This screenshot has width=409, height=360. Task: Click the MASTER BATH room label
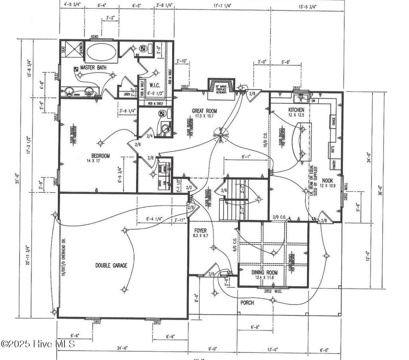[x=93, y=68]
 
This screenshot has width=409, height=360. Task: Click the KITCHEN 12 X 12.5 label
[x=296, y=112]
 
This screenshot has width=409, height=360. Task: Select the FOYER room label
[x=200, y=233]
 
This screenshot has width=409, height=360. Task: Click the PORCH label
[x=247, y=303]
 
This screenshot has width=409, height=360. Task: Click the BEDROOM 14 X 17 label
[x=100, y=158]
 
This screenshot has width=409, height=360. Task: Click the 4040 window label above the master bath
[x=95, y=37]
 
